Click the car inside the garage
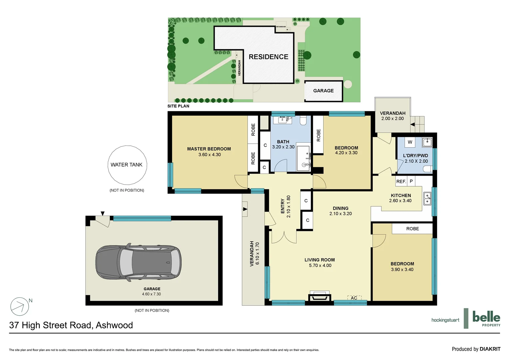point(138,262)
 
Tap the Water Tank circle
point(127,165)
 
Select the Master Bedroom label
point(209,149)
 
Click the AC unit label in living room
point(354,298)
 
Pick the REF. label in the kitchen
point(401,181)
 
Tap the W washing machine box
point(410,142)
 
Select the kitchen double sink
point(427,199)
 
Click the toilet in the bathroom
point(303,120)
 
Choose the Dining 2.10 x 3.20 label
point(340,211)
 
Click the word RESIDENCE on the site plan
point(268,57)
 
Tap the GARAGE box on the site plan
point(323,91)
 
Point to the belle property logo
point(486,318)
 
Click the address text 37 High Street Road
point(71,325)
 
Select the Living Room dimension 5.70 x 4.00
point(320,266)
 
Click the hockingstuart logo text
point(445,320)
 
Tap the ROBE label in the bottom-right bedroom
point(412,229)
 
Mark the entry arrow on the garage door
point(103,213)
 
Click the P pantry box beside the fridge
point(411,181)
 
